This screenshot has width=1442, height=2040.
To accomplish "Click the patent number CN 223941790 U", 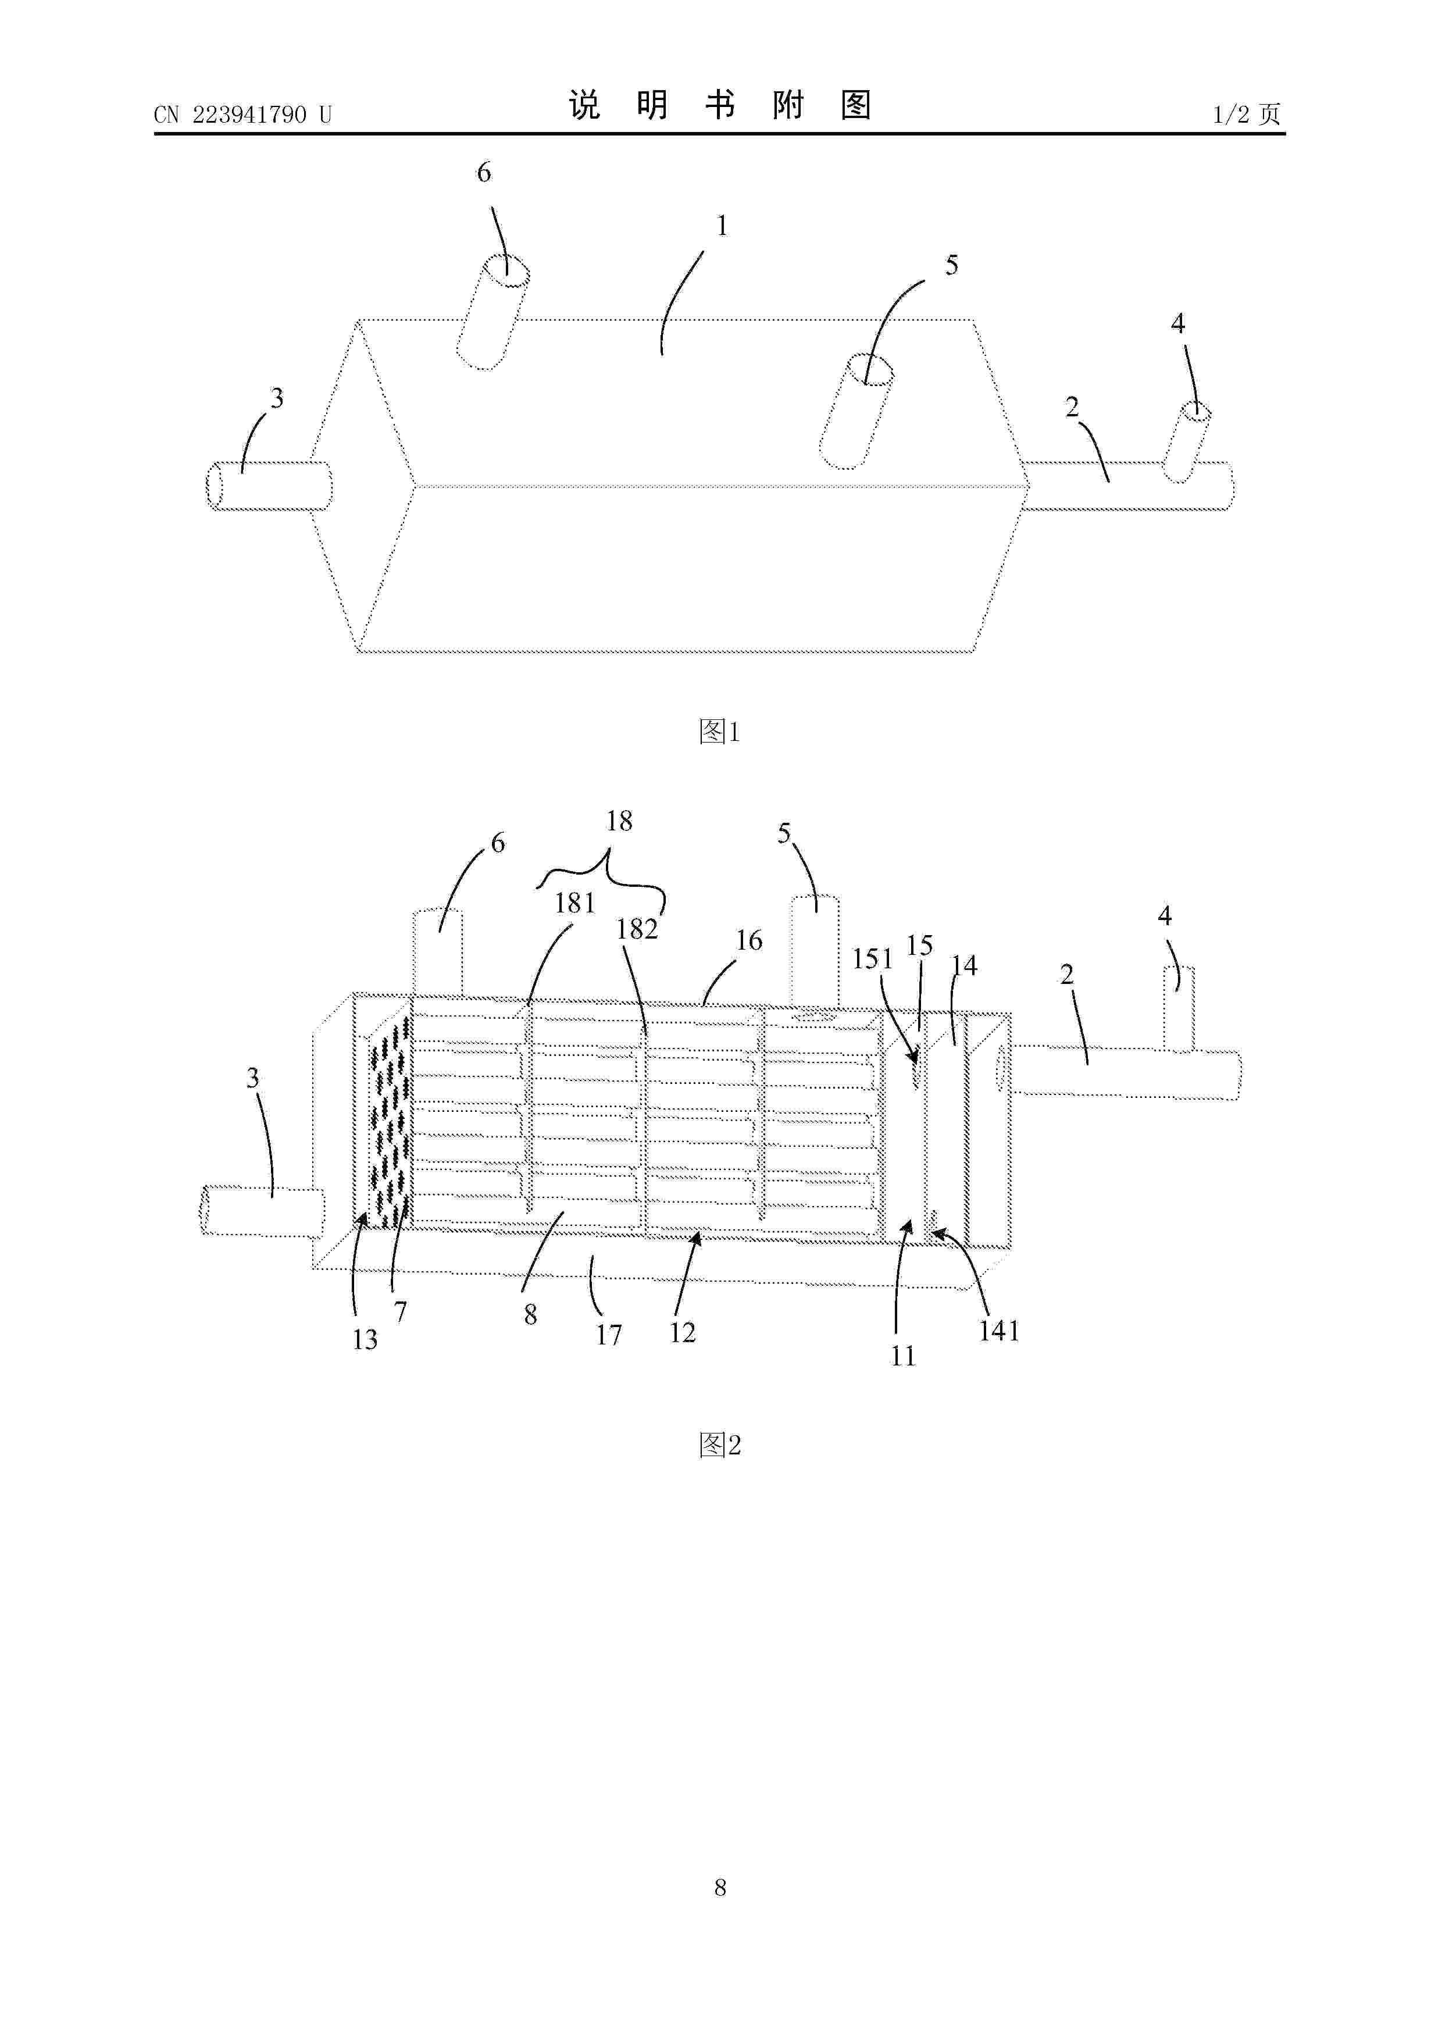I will coord(242,115).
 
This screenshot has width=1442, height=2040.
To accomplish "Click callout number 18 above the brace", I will coord(619,821).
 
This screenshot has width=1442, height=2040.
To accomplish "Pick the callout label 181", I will coord(575,904).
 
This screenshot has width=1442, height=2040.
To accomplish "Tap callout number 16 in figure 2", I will coord(749,940).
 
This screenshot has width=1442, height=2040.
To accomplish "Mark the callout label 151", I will coord(872,959).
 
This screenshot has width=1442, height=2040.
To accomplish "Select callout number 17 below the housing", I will coord(609,1335).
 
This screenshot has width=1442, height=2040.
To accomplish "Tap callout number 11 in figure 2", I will coord(902,1356).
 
